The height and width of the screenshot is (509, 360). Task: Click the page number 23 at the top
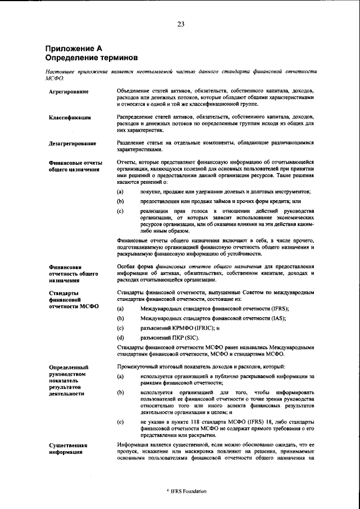tap(181, 24)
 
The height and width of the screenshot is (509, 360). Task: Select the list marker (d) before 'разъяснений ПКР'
tap(120, 337)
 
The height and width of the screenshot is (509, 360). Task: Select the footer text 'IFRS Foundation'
tap(188, 491)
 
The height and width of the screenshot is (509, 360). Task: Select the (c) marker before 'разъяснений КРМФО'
tap(120, 327)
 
